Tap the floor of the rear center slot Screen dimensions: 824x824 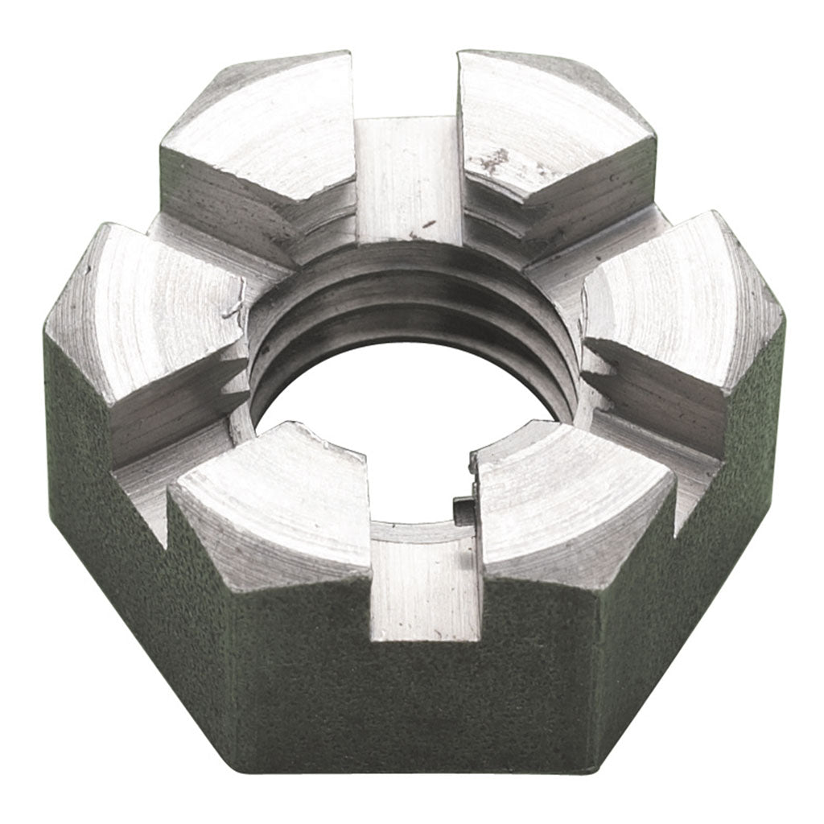(x=407, y=177)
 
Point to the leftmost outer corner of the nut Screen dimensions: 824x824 (x=46, y=338)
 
